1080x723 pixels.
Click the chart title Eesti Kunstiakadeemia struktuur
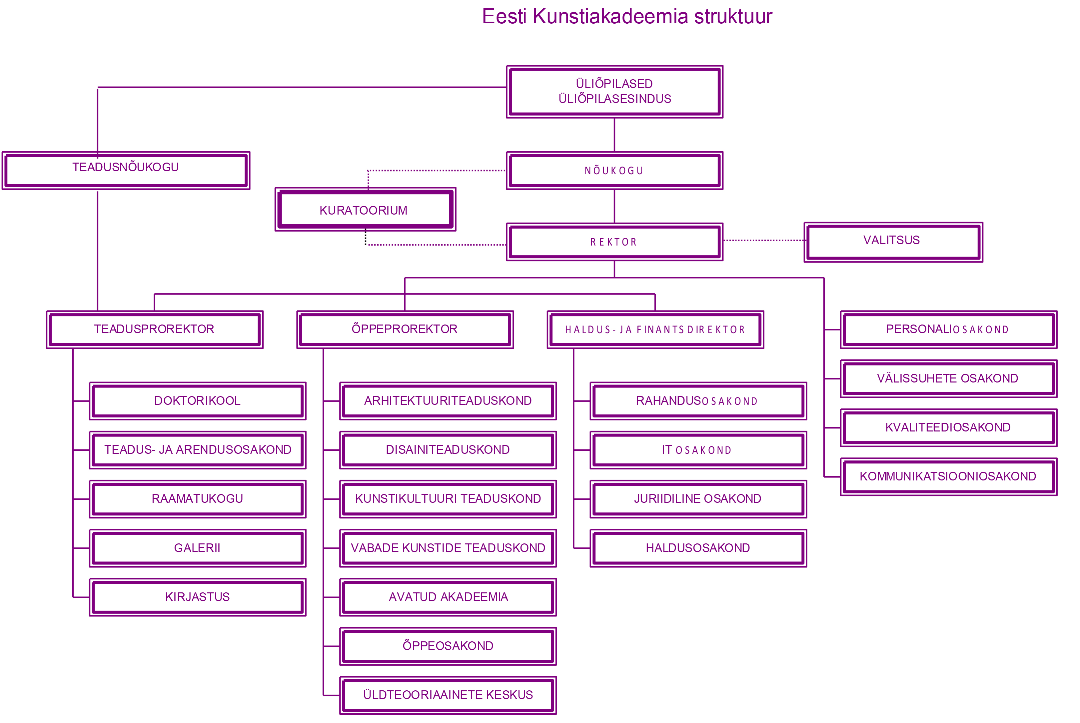(627, 17)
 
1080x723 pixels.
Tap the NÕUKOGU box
(614, 171)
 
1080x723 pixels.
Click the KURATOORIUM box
(364, 210)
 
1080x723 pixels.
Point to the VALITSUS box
(892, 241)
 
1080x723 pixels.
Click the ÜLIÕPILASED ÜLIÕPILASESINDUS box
(614, 91)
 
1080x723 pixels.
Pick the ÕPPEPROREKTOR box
(405, 329)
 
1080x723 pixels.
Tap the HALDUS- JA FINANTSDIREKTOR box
(655, 329)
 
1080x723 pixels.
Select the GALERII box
(197, 548)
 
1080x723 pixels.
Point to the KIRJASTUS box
(197, 597)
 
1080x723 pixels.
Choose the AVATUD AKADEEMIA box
(448, 597)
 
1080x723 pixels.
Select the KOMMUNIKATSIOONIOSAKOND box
(948, 476)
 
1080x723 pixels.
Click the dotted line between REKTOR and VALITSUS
(764, 240)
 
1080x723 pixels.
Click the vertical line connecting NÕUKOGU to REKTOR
(614, 206)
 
